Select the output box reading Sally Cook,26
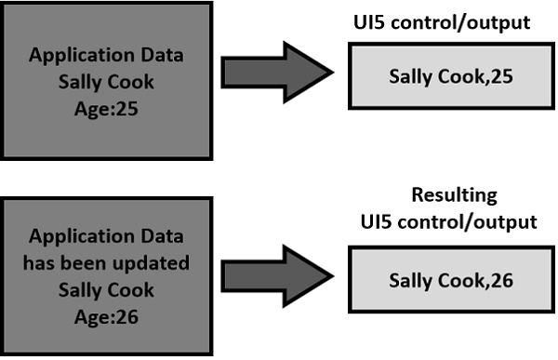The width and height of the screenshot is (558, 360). [x=451, y=279]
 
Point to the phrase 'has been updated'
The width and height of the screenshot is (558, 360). [x=105, y=262]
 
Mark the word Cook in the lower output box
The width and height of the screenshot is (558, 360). [x=459, y=279]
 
